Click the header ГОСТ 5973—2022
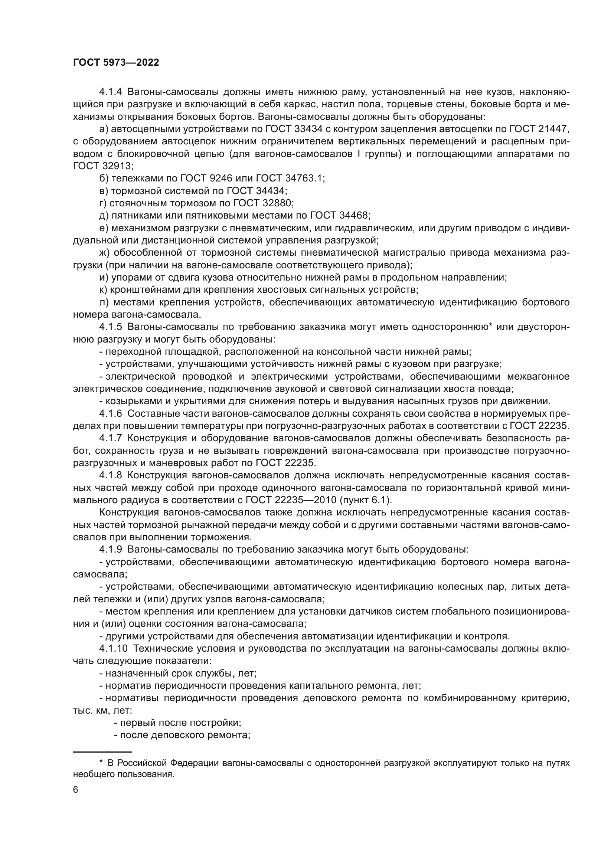[x=116, y=63]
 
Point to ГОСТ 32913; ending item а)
[x=103, y=166]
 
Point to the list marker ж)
[x=104, y=253]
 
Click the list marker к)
[x=103, y=289]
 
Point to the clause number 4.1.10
[x=114, y=649]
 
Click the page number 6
[x=76, y=790]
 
